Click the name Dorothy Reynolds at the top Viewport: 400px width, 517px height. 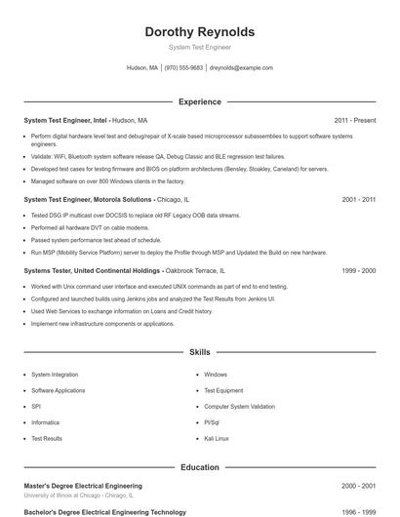point(199,31)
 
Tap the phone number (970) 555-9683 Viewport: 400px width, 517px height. point(183,68)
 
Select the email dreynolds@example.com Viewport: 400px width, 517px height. point(241,68)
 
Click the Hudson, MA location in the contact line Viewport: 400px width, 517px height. point(142,68)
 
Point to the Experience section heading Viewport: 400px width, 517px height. point(199,101)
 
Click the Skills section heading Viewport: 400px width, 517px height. point(199,351)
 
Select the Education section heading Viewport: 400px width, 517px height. point(199,467)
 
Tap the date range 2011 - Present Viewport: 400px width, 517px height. point(354,120)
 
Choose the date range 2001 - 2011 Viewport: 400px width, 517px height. point(359,199)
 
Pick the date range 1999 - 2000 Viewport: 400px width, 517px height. point(359,269)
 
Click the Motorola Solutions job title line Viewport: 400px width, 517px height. point(95,199)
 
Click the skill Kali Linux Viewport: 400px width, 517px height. point(217,439)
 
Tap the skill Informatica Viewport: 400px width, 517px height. point(46,422)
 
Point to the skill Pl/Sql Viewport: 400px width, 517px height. point(212,422)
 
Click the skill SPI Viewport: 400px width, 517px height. point(36,406)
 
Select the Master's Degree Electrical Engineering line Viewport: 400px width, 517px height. point(83,486)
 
